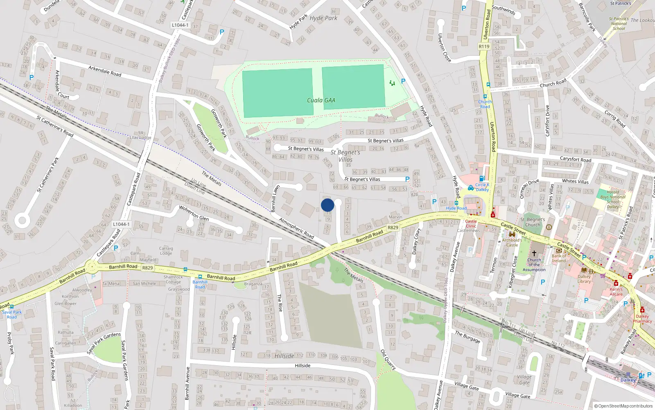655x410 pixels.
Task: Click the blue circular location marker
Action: coord(327,205)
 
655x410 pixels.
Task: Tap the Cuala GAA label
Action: coord(321,100)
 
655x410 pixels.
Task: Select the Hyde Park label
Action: coord(323,18)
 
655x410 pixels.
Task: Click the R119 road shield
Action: coord(484,46)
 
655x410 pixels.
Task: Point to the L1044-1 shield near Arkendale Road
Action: coord(180,25)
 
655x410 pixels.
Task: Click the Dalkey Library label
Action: coord(584,279)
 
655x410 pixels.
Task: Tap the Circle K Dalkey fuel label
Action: coord(482,187)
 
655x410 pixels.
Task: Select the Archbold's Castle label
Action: coord(512,242)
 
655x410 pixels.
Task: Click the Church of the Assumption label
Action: coord(534,264)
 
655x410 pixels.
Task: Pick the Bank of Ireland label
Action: coord(559,258)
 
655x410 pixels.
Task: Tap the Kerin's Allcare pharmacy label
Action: coord(616,292)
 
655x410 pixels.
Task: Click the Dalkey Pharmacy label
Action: coord(642,319)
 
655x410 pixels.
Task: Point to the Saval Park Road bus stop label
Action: coord(12,314)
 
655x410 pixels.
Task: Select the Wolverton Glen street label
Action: coord(194,213)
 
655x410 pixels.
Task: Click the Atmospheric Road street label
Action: coord(296,228)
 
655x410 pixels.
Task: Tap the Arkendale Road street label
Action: coord(105,71)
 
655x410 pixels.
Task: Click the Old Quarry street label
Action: coord(388,360)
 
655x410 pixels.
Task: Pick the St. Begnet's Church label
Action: coord(533,222)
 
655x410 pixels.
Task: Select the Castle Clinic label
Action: coord(471,223)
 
